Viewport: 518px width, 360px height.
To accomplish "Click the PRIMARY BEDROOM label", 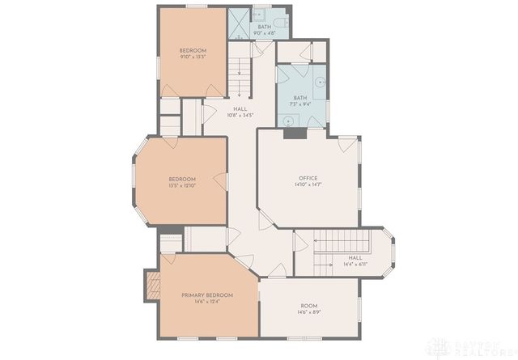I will point(208,295).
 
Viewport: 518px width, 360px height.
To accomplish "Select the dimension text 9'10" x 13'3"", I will point(193,57).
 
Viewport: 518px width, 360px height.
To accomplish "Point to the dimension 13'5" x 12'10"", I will point(182,185).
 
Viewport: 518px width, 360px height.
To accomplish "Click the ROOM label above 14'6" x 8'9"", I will point(308,305).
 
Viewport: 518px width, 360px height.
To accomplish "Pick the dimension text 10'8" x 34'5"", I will point(240,114).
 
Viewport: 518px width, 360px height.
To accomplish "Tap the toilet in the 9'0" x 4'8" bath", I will point(274,20).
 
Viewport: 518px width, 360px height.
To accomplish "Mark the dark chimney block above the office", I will point(295,133).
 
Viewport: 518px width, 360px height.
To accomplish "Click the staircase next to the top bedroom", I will point(240,78).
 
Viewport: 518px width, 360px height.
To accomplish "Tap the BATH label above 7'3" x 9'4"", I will point(300,97).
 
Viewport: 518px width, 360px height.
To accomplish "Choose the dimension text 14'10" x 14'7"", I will point(308,184).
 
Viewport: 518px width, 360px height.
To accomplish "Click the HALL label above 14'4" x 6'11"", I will point(355,258).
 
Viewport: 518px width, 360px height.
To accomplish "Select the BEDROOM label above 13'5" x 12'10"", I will point(182,179).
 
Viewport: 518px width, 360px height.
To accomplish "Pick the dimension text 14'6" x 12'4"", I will point(208,302).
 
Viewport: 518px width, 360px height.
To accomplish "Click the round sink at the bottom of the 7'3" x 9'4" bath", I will point(288,120).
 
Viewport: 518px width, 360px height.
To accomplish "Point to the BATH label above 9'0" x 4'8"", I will point(265,27).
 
